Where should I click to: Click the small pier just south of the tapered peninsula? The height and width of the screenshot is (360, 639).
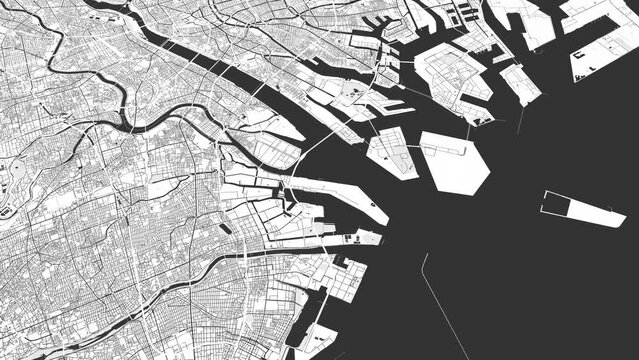365,237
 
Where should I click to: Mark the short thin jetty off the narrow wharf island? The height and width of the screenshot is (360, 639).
521,121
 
